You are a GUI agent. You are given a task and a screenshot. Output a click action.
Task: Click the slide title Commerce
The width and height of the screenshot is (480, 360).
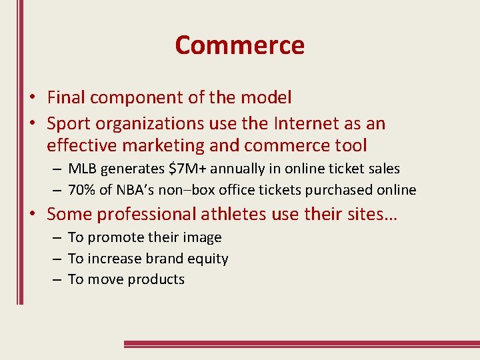click(x=239, y=45)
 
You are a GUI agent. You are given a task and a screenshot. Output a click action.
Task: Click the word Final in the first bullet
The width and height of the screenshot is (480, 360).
click(x=66, y=97)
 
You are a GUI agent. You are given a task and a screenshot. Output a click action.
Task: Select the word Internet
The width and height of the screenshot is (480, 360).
click(x=303, y=123)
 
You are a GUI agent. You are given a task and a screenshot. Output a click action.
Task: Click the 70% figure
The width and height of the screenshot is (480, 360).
click(x=82, y=190)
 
